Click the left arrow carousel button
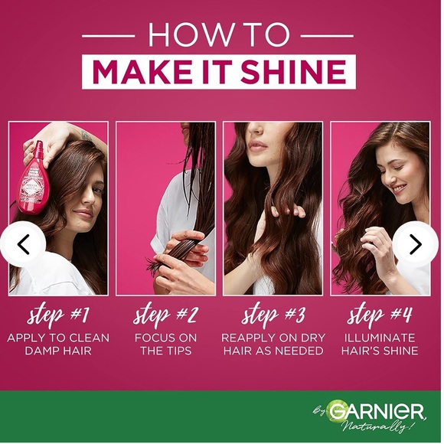click(23, 244)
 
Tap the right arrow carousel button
click(416, 244)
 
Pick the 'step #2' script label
click(165, 314)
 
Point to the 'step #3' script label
click(273, 314)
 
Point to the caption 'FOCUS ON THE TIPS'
click(165, 344)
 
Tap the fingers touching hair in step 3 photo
click(282, 209)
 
